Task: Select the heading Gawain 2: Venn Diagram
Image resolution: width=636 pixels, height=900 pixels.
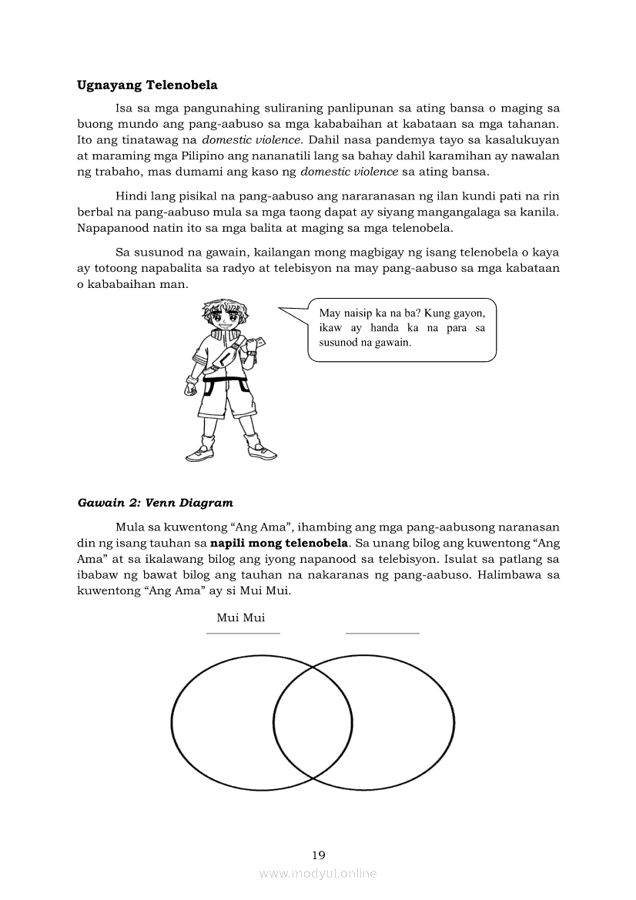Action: (x=155, y=503)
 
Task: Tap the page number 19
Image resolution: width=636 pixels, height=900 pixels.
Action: (x=319, y=855)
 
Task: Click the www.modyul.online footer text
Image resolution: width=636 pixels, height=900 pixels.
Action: (x=318, y=873)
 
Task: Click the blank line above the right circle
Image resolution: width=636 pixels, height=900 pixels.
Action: (x=383, y=633)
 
